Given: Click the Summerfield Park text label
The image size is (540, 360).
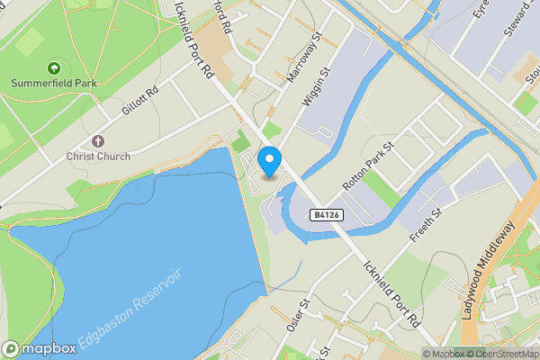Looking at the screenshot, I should pyautogui.click(x=52, y=84).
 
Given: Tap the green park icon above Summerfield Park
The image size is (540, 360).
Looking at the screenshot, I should pyautogui.click(x=52, y=67).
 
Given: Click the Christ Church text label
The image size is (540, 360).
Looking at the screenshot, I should pyautogui.click(x=98, y=157).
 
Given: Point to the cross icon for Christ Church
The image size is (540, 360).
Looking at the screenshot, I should pyautogui.click(x=98, y=141).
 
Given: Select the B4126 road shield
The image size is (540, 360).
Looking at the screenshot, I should pyautogui.click(x=327, y=215).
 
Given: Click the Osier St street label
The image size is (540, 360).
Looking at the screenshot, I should pyautogui.click(x=297, y=316).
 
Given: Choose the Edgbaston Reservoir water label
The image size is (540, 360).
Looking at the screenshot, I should pyautogui.click(x=130, y=309).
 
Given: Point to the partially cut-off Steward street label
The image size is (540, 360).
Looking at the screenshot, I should pyautogui.click(x=515, y=18).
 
